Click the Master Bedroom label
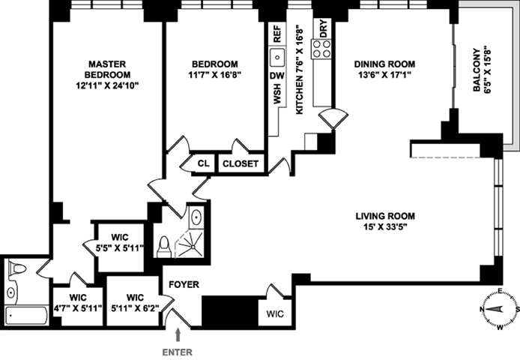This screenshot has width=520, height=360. pos(107,69)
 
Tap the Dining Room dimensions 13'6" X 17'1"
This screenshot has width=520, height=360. pos(384,75)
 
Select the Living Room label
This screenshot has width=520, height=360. pos(385,216)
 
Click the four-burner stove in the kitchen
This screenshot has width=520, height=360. pos(321,49)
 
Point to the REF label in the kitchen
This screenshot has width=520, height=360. pos(277,34)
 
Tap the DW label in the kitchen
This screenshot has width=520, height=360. pos(277,76)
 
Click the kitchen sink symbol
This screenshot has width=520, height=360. pos(277,58)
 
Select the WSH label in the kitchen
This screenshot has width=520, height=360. pos(277,94)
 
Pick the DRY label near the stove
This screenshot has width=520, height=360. pos(324,28)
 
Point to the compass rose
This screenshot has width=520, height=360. pos(499,310)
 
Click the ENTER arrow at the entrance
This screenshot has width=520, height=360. pos(178,335)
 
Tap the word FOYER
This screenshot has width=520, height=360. pos(184,284)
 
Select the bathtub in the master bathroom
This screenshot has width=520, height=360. pos(27,316)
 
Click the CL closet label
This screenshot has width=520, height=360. pos(204,163)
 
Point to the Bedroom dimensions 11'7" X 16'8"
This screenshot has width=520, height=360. pos(214,75)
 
